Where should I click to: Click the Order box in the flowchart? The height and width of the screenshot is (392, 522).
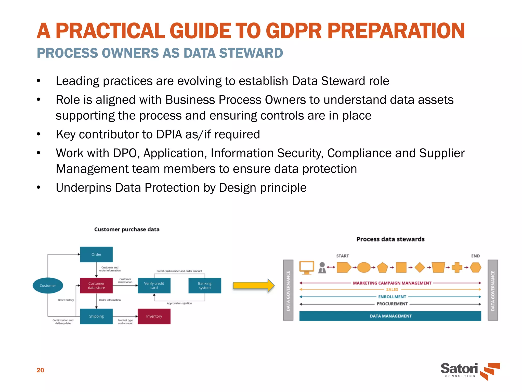[96, 254]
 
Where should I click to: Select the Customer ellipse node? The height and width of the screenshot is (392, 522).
[48, 286]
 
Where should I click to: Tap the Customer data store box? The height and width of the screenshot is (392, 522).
[96, 286]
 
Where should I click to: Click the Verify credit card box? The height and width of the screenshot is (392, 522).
[154, 286]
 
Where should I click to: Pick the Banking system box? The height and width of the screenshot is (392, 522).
[205, 286]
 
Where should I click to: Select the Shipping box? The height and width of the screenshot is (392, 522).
[96, 316]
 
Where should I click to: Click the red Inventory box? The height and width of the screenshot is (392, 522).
[154, 316]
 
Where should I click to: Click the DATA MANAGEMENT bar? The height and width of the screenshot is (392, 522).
[390, 316]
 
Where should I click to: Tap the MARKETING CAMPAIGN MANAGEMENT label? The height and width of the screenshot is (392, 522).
[392, 283]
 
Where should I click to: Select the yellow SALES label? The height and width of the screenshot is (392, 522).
[392, 290]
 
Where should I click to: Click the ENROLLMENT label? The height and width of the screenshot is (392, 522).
[392, 297]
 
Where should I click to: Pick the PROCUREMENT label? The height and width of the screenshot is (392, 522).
[392, 304]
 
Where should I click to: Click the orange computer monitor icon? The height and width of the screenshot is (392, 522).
[307, 267]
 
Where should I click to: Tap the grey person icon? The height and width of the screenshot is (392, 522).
[322, 268]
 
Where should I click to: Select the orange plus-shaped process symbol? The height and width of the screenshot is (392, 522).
[457, 267]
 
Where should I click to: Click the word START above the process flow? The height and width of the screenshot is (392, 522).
[342, 256]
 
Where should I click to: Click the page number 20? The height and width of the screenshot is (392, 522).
[40, 370]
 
